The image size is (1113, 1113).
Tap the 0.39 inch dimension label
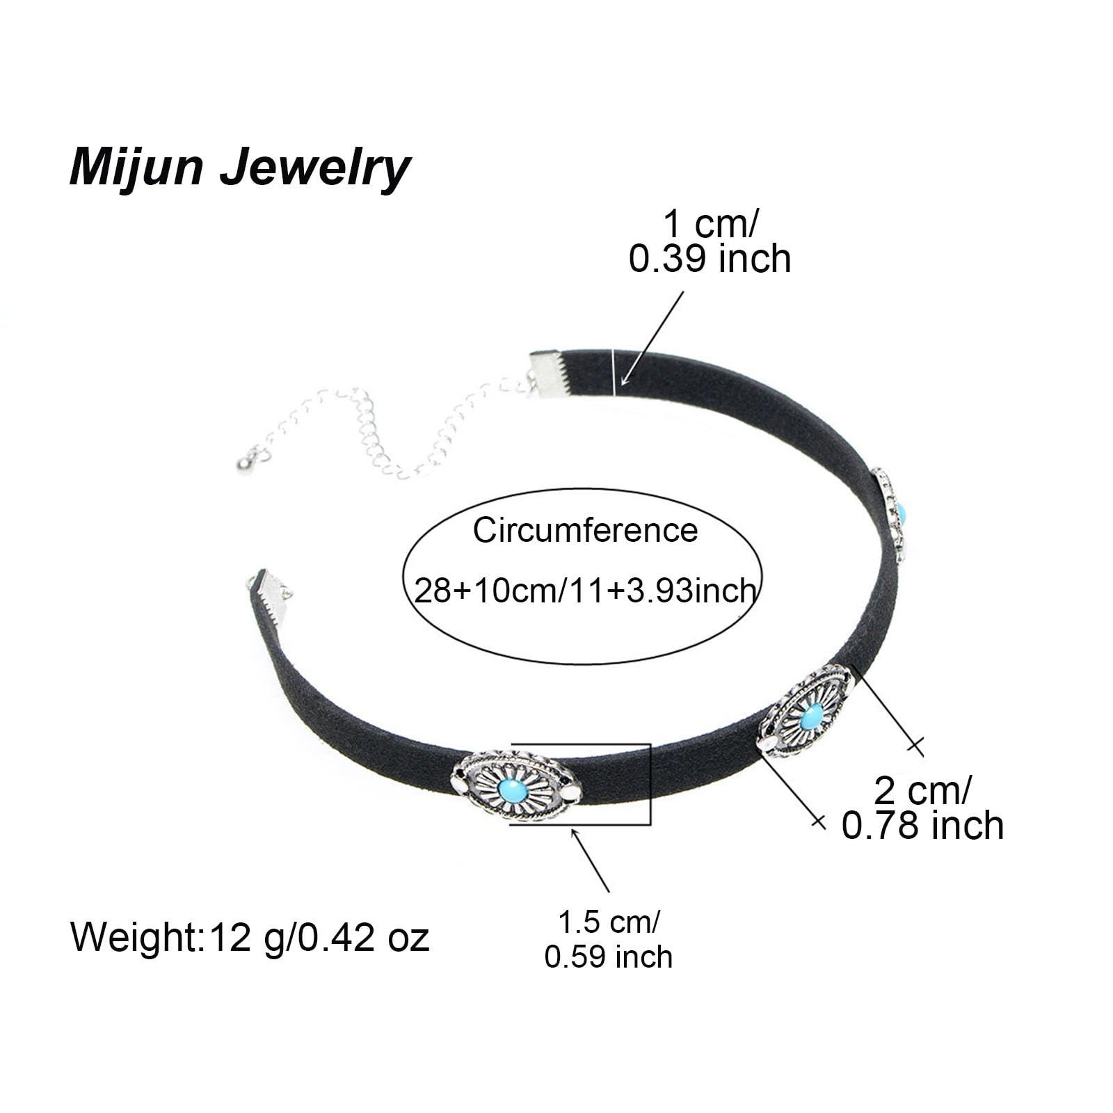tap(710, 259)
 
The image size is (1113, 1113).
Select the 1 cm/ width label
tap(710, 224)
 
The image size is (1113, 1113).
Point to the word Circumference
tap(585, 531)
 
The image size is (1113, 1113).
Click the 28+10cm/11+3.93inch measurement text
tap(585, 591)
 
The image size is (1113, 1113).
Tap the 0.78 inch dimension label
tap(922, 826)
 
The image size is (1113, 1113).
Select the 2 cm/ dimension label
tap(922, 790)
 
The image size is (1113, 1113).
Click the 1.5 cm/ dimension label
tap(609, 922)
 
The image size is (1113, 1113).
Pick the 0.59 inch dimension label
tap(609, 957)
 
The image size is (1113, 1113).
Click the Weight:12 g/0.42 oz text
tap(250, 937)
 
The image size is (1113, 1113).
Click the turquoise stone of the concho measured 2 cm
tap(811, 716)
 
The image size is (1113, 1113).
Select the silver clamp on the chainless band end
tap(270, 597)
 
